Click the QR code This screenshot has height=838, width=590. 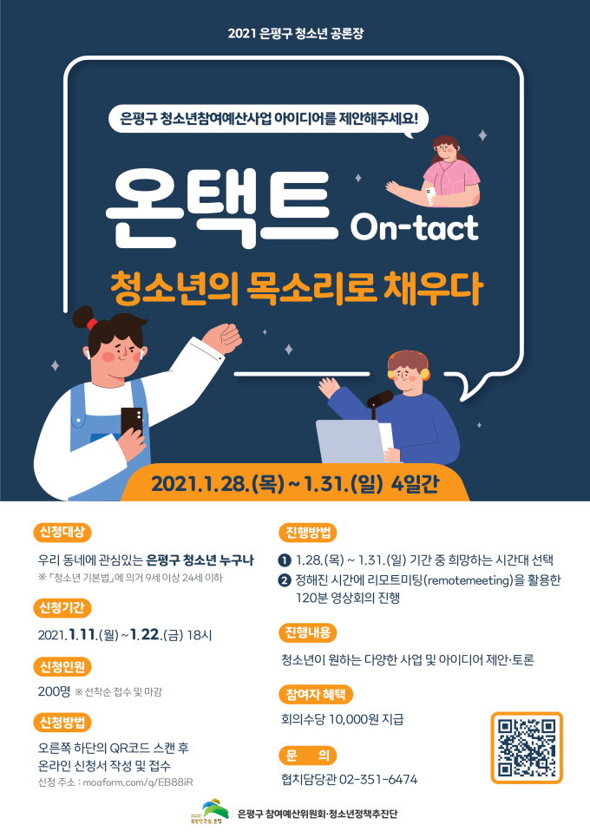tap(527, 748)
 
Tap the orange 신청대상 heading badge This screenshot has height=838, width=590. tap(62, 532)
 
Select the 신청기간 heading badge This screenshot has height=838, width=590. tap(62, 607)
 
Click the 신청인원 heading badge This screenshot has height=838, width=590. tap(62, 666)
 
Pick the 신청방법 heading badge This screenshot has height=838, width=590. tap(62, 723)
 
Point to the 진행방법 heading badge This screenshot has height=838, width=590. tap(308, 533)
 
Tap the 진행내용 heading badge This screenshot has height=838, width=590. tap(308, 632)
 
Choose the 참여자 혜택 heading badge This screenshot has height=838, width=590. tap(316, 694)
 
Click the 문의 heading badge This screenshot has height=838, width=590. tap(308, 756)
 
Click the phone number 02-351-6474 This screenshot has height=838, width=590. tap(378, 779)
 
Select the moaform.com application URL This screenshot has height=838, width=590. tap(138, 782)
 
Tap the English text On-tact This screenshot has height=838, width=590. tap(414, 228)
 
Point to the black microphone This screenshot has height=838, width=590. tap(379, 400)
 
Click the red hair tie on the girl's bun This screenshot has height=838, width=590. tap(92, 324)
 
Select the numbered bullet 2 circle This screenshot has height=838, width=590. tap(285, 580)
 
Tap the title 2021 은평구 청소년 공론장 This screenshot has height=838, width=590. tap(296, 33)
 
